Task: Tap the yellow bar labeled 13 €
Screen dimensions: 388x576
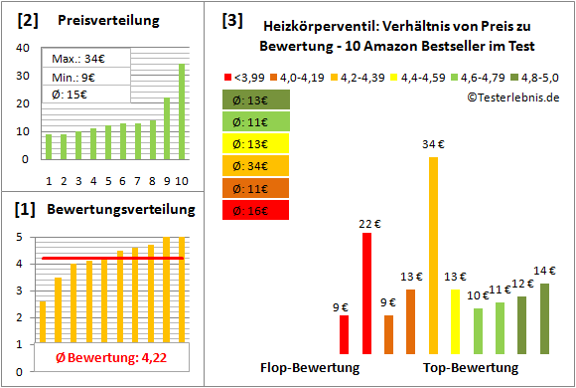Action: pos(456,321)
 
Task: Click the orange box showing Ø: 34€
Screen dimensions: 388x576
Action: pos(256,165)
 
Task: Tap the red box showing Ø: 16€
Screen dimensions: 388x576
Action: pos(256,210)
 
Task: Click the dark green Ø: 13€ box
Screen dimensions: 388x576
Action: pos(256,98)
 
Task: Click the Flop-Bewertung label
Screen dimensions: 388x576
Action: pos(309,368)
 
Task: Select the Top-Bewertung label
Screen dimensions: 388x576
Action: pos(471,368)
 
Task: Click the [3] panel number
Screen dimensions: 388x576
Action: pos(231,19)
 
